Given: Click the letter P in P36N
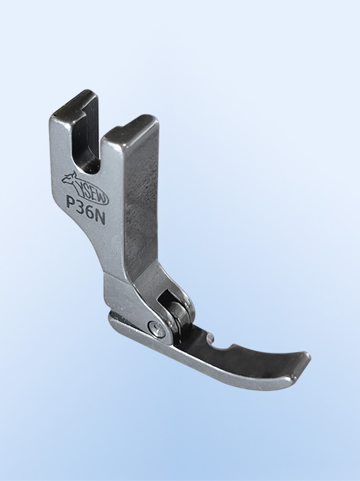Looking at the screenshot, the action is pyautogui.click(x=71, y=202).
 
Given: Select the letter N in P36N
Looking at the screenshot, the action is pyautogui.click(x=100, y=218).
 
